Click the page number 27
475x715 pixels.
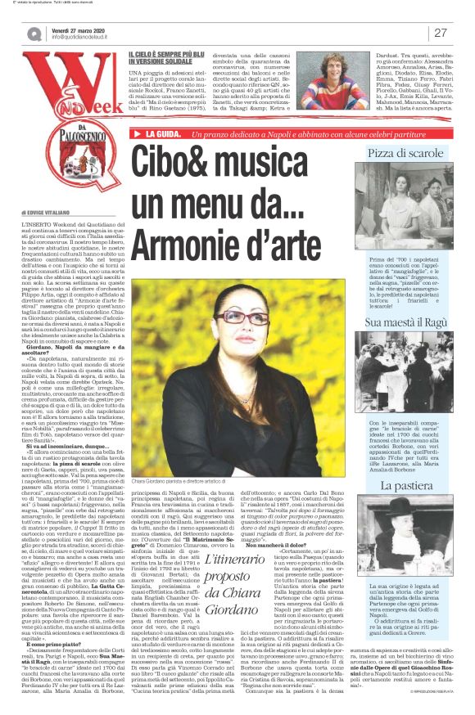441,33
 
